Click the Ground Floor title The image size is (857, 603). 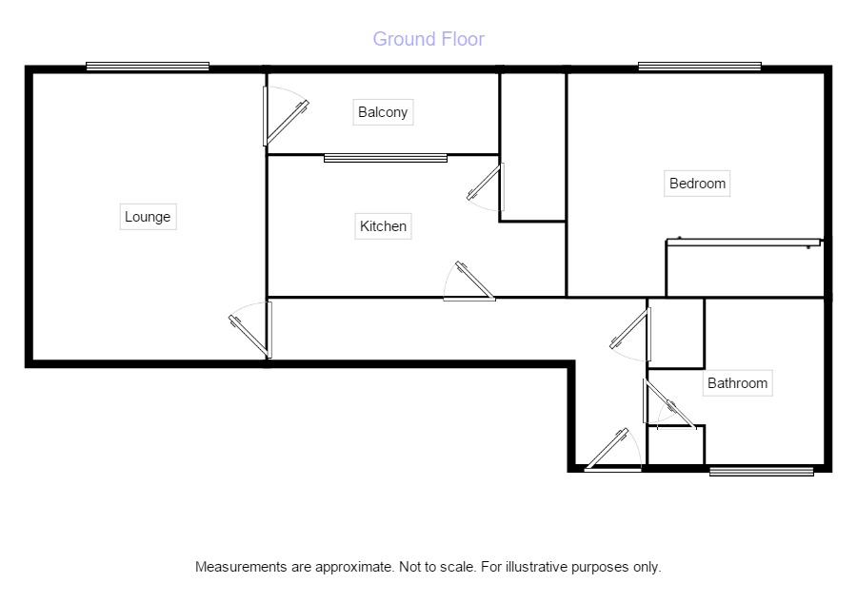pos(428,39)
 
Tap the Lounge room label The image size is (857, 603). pos(148,217)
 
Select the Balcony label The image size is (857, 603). pos(383,112)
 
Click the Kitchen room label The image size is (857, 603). pos(383,226)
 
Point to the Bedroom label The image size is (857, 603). pos(697,184)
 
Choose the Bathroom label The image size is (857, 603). pos(737,383)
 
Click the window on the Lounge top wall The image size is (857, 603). pos(148,67)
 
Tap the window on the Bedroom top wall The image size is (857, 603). pos(700,67)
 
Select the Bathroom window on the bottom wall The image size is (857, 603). pos(762,470)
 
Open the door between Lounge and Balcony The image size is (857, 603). pos(283,116)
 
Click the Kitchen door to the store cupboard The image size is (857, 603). pos(488,186)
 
